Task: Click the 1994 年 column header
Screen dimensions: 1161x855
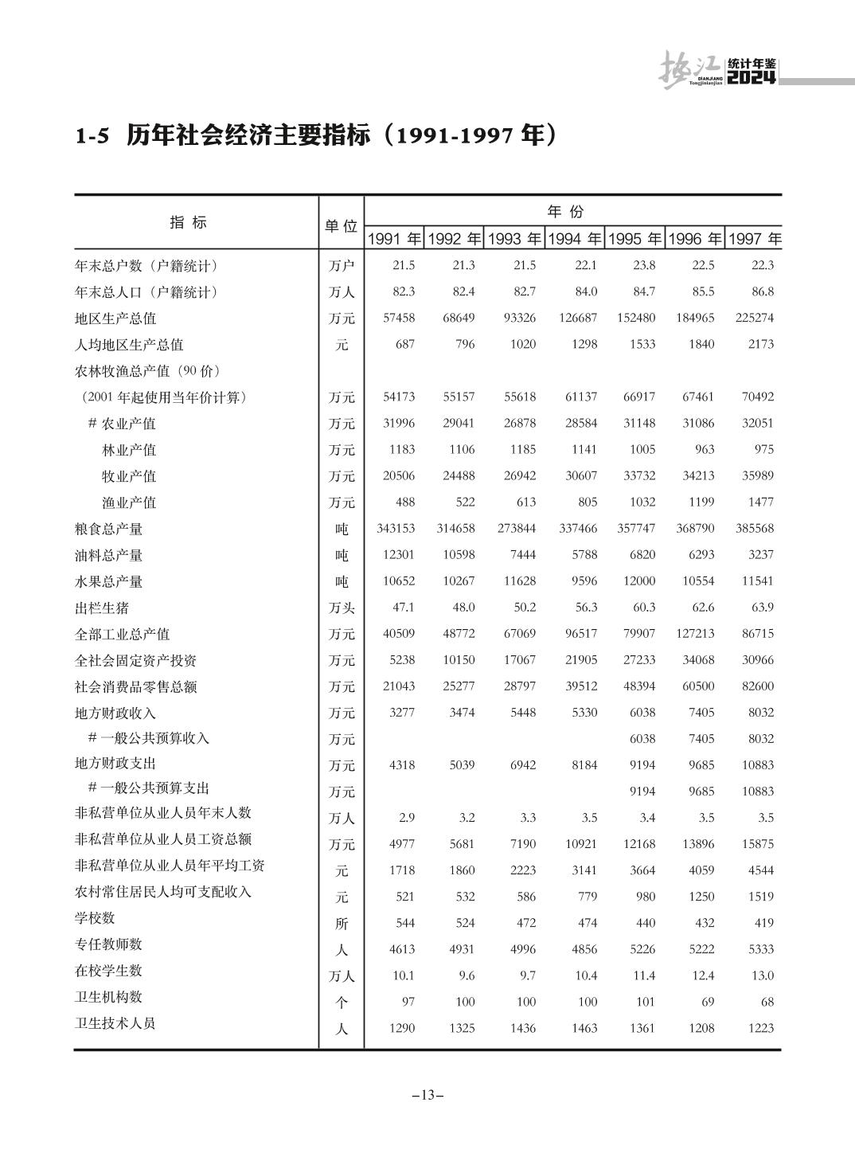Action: click(x=574, y=239)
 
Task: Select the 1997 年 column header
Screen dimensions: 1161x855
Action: click(x=754, y=239)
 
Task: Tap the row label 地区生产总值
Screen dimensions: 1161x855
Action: click(x=115, y=319)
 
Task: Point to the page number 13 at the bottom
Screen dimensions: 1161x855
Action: click(x=427, y=1095)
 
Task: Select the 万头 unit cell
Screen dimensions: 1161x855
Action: click(x=342, y=608)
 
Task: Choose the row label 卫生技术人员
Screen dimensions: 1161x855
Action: click(x=115, y=1023)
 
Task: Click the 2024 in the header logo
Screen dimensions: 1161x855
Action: click(x=752, y=77)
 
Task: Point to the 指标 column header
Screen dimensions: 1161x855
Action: click(x=189, y=223)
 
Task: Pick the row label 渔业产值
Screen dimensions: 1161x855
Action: click(x=129, y=502)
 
